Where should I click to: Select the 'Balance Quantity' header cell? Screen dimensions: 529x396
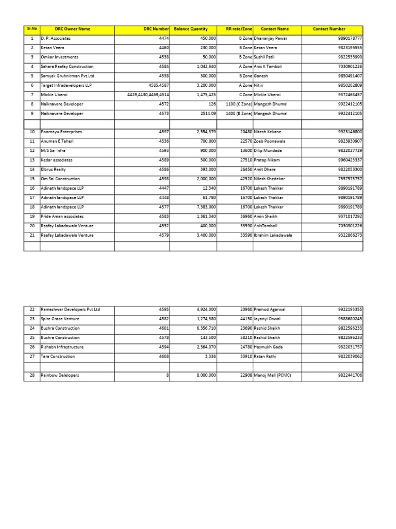[x=191, y=29]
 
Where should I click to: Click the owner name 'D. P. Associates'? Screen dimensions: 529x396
[x=56, y=39]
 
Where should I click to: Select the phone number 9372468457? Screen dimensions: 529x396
[x=350, y=95]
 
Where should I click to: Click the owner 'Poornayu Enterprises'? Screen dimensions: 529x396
[x=61, y=132]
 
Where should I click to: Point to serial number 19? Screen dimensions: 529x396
[x=32, y=216]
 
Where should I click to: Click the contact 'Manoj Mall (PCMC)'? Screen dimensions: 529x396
[x=272, y=376]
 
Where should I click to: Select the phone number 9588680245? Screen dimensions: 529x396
[x=350, y=319]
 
